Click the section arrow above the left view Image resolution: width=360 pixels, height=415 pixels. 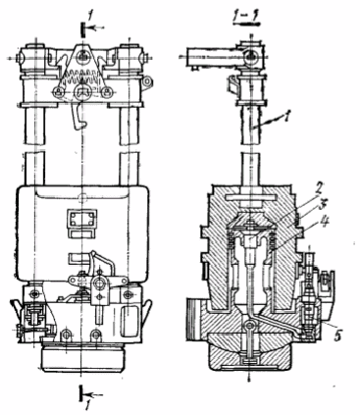coord(91,27)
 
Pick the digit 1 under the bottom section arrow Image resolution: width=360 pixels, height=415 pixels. coord(87,407)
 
